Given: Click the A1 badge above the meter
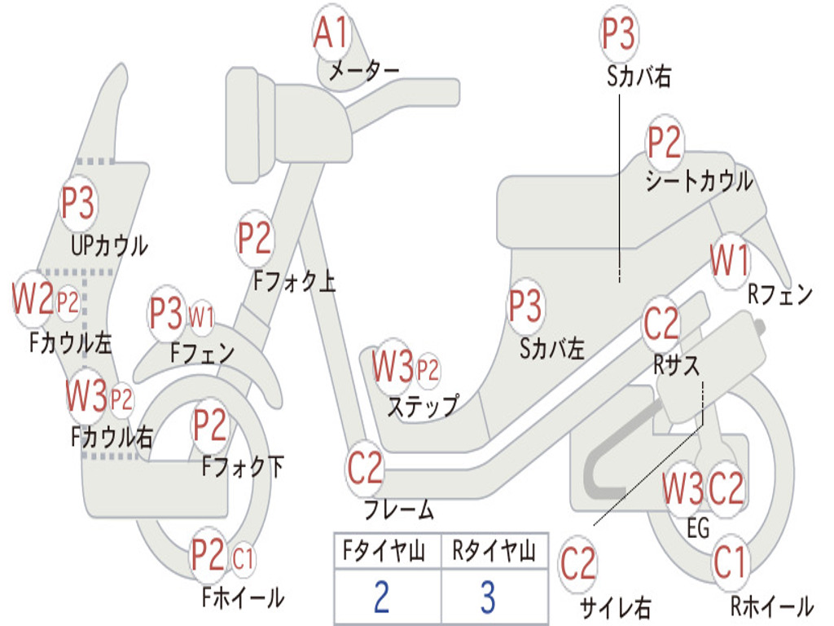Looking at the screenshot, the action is point(331,33).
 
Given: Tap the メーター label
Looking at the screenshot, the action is point(364,70).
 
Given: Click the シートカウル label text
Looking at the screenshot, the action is point(700,181).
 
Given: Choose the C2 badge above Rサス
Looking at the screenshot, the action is point(661,323).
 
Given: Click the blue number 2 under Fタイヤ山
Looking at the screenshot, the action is point(381,597).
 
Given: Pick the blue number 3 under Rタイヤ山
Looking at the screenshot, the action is point(489,597).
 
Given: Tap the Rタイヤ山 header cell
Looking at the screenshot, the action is point(494,551).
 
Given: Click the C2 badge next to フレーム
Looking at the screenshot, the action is point(365,468).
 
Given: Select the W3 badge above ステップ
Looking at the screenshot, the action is point(393,366).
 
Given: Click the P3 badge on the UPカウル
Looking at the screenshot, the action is point(78,203).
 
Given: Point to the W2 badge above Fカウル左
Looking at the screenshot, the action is point(33,298).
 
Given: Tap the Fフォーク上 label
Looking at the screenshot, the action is point(294,281).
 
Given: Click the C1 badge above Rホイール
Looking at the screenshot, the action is point(730,562).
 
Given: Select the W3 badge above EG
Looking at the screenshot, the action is point(683,488).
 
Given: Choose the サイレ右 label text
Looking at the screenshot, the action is point(616,607).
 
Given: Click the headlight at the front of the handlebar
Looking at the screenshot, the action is point(250,126).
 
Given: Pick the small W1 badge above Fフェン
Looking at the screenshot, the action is point(202,318).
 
